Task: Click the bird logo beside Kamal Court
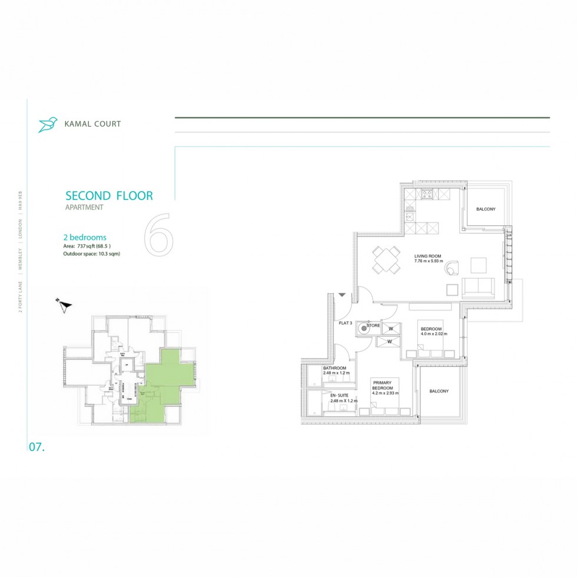(47, 124)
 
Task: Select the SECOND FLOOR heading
(109, 195)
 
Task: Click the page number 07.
(37, 447)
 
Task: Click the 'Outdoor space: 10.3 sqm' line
(95, 253)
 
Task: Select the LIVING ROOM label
(426, 256)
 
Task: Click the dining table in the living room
(384, 260)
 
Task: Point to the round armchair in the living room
(451, 268)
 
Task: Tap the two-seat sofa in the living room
(478, 287)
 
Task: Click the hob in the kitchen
(427, 194)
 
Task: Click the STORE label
(373, 325)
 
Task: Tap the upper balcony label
(486, 209)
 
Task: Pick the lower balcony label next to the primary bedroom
(439, 391)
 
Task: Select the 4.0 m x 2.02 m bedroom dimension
(434, 334)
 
